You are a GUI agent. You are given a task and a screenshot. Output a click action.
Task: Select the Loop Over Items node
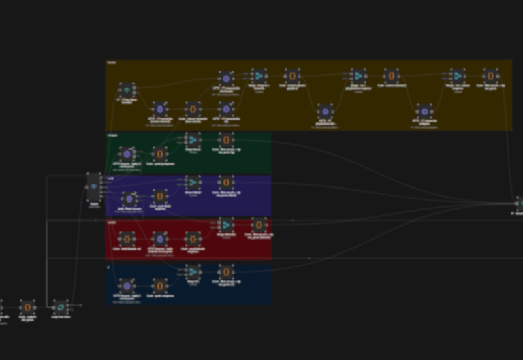point(60,307)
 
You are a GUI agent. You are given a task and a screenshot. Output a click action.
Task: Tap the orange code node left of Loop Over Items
point(27,307)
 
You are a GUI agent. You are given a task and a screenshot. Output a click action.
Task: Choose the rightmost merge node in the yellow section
point(458,76)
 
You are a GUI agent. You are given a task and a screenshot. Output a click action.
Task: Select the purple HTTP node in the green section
point(126,154)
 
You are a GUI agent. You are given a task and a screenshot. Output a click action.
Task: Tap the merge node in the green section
point(193,140)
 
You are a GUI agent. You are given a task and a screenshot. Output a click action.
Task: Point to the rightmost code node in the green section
point(226,140)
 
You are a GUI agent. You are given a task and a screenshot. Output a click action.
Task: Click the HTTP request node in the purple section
point(129,198)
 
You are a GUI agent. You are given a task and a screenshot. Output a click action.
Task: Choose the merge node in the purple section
point(193,182)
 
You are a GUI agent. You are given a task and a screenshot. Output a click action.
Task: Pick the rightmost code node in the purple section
point(226,182)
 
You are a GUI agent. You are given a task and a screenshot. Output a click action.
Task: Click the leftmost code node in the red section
point(126,239)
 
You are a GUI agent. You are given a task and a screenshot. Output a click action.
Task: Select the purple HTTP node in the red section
point(159,239)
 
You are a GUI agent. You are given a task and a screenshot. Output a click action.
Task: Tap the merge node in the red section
point(226,224)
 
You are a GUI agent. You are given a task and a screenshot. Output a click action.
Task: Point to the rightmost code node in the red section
point(259,224)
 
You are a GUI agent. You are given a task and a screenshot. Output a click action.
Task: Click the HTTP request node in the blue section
point(126,286)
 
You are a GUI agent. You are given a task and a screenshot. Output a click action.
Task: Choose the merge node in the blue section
point(193,271)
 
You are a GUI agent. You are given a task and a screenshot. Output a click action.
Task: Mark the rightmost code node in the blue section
point(226,271)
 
